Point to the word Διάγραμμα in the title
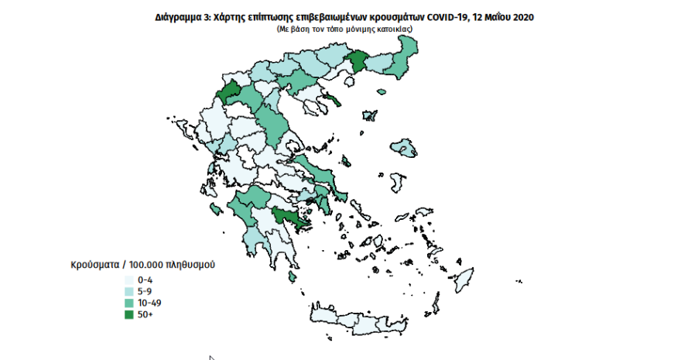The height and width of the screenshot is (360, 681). point(176,17)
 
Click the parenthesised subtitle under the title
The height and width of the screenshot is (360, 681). point(344,29)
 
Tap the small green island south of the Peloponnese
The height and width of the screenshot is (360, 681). point(293,276)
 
